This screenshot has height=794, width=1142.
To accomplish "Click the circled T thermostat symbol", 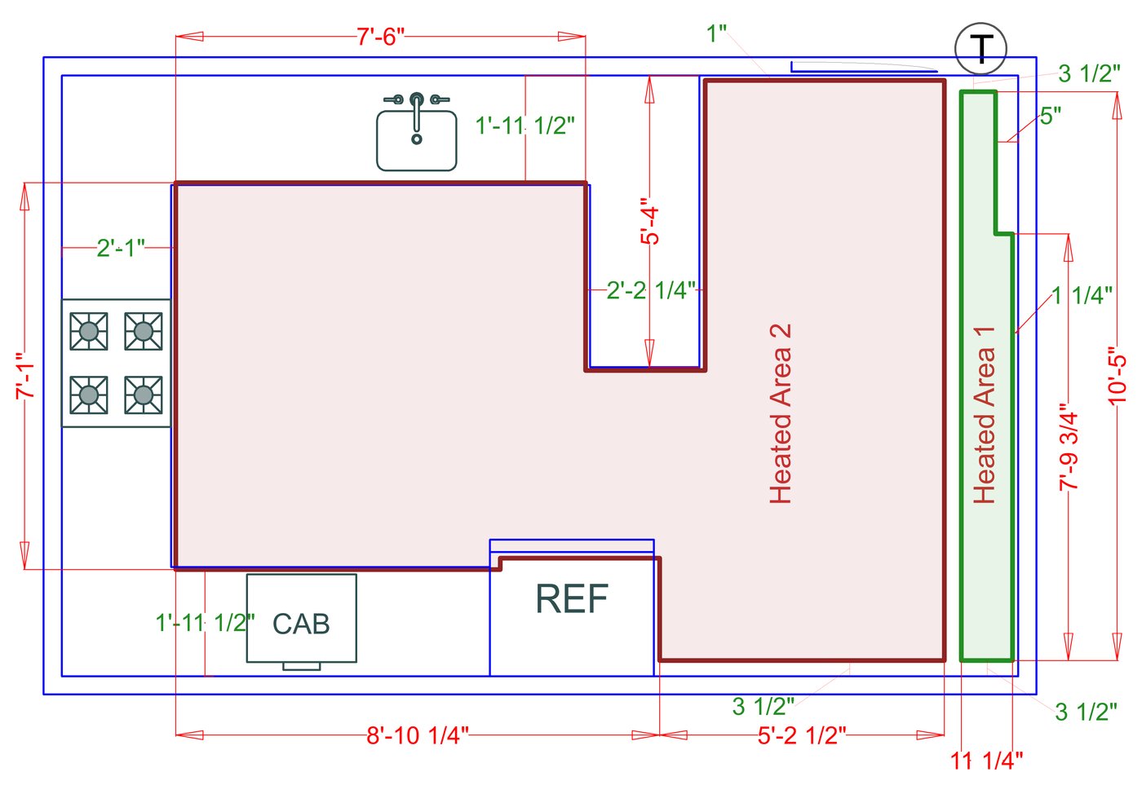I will tap(980, 49).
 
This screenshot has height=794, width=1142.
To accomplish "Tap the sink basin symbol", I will tap(416, 140).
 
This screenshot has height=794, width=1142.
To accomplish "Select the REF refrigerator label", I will tap(572, 599).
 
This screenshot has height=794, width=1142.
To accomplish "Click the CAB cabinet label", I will tap(301, 624).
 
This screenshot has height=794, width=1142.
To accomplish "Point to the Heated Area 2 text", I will tap(781, 413).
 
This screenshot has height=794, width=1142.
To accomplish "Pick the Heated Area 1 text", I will tap(985, 415).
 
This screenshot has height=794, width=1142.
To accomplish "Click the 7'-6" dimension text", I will tap(380, 37).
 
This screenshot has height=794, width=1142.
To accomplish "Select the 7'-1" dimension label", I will tap(24, 376).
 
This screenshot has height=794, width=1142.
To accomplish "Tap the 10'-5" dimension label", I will tap(1118, 376).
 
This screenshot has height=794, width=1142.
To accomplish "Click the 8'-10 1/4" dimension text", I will tap(418, 735).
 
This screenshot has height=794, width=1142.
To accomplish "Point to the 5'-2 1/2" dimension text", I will tap(802, 735).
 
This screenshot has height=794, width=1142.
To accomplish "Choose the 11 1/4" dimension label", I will tap(986, 761).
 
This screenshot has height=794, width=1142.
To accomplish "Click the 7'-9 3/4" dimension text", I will tap(1069, 446).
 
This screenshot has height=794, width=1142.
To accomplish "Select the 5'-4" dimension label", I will tap(649, 221).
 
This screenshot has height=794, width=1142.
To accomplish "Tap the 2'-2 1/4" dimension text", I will tap(651, 290).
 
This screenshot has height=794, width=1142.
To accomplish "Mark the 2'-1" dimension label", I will tap(121, 247).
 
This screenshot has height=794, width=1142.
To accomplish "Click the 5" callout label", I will tap(1051, 116).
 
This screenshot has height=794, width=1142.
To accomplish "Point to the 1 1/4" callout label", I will tap(1082, 295).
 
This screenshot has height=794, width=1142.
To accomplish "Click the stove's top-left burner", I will tap(89, 331).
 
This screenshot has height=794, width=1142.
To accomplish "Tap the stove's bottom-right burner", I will tap(144, 395).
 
